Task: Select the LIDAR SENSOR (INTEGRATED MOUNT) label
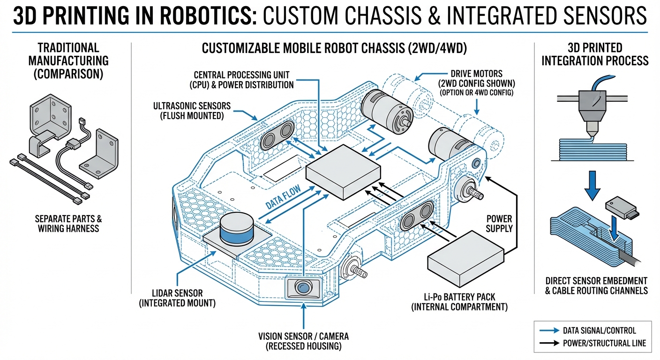(177, 298)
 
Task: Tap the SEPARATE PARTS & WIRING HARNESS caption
(68, 224)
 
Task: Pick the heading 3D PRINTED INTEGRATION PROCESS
(595, 54)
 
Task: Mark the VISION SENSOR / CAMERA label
(303, 342)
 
